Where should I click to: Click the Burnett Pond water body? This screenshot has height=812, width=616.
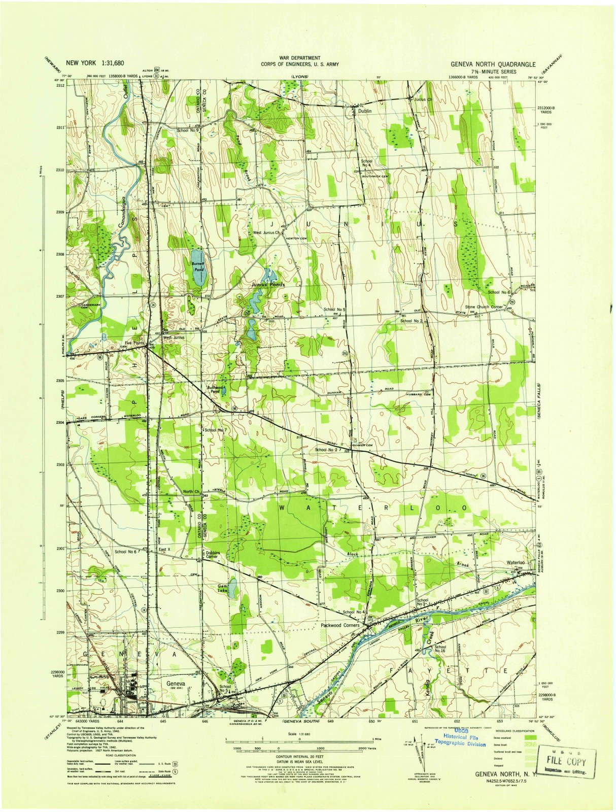pyautogui.click(x=197, y=267)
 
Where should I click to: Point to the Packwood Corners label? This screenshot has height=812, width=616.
pyautogui.click(x=339, y=625)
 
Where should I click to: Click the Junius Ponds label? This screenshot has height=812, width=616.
pyautogui.click(x=268, y=285)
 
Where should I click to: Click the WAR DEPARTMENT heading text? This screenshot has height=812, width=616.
pyautogui.click(x=299, y=58)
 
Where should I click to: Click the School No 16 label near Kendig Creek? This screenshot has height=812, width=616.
pyautogui.click(x=439, y=649)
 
